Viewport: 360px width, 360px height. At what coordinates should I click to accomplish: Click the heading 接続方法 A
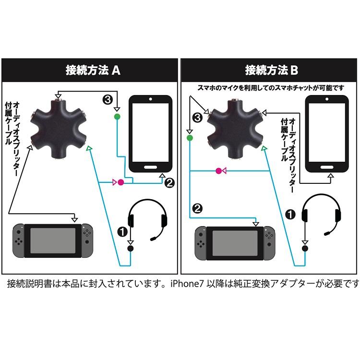point(93,70)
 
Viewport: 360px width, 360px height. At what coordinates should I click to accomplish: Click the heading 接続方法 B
point(272,70)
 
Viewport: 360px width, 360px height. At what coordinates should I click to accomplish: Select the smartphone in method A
point(151,134)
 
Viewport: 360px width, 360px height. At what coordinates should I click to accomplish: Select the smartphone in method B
point(328,134)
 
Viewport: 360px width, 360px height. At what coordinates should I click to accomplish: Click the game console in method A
point(52,240)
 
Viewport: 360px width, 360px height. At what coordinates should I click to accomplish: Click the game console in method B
point(235,243)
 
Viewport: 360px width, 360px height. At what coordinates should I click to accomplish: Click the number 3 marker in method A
point(108,100)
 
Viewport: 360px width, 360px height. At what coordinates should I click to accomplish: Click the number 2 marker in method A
point(169,183)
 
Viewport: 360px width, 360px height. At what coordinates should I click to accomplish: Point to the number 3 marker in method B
point(196,117)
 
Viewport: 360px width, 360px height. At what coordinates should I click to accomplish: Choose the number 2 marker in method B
point(197,208)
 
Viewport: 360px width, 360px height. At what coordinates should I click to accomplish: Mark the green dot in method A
point(117,117)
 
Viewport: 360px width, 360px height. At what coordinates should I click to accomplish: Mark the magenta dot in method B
point(219,170)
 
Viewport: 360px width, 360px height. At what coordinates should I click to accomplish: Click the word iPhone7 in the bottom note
point(189,284)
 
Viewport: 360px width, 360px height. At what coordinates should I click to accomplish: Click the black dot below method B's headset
point(304,248)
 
